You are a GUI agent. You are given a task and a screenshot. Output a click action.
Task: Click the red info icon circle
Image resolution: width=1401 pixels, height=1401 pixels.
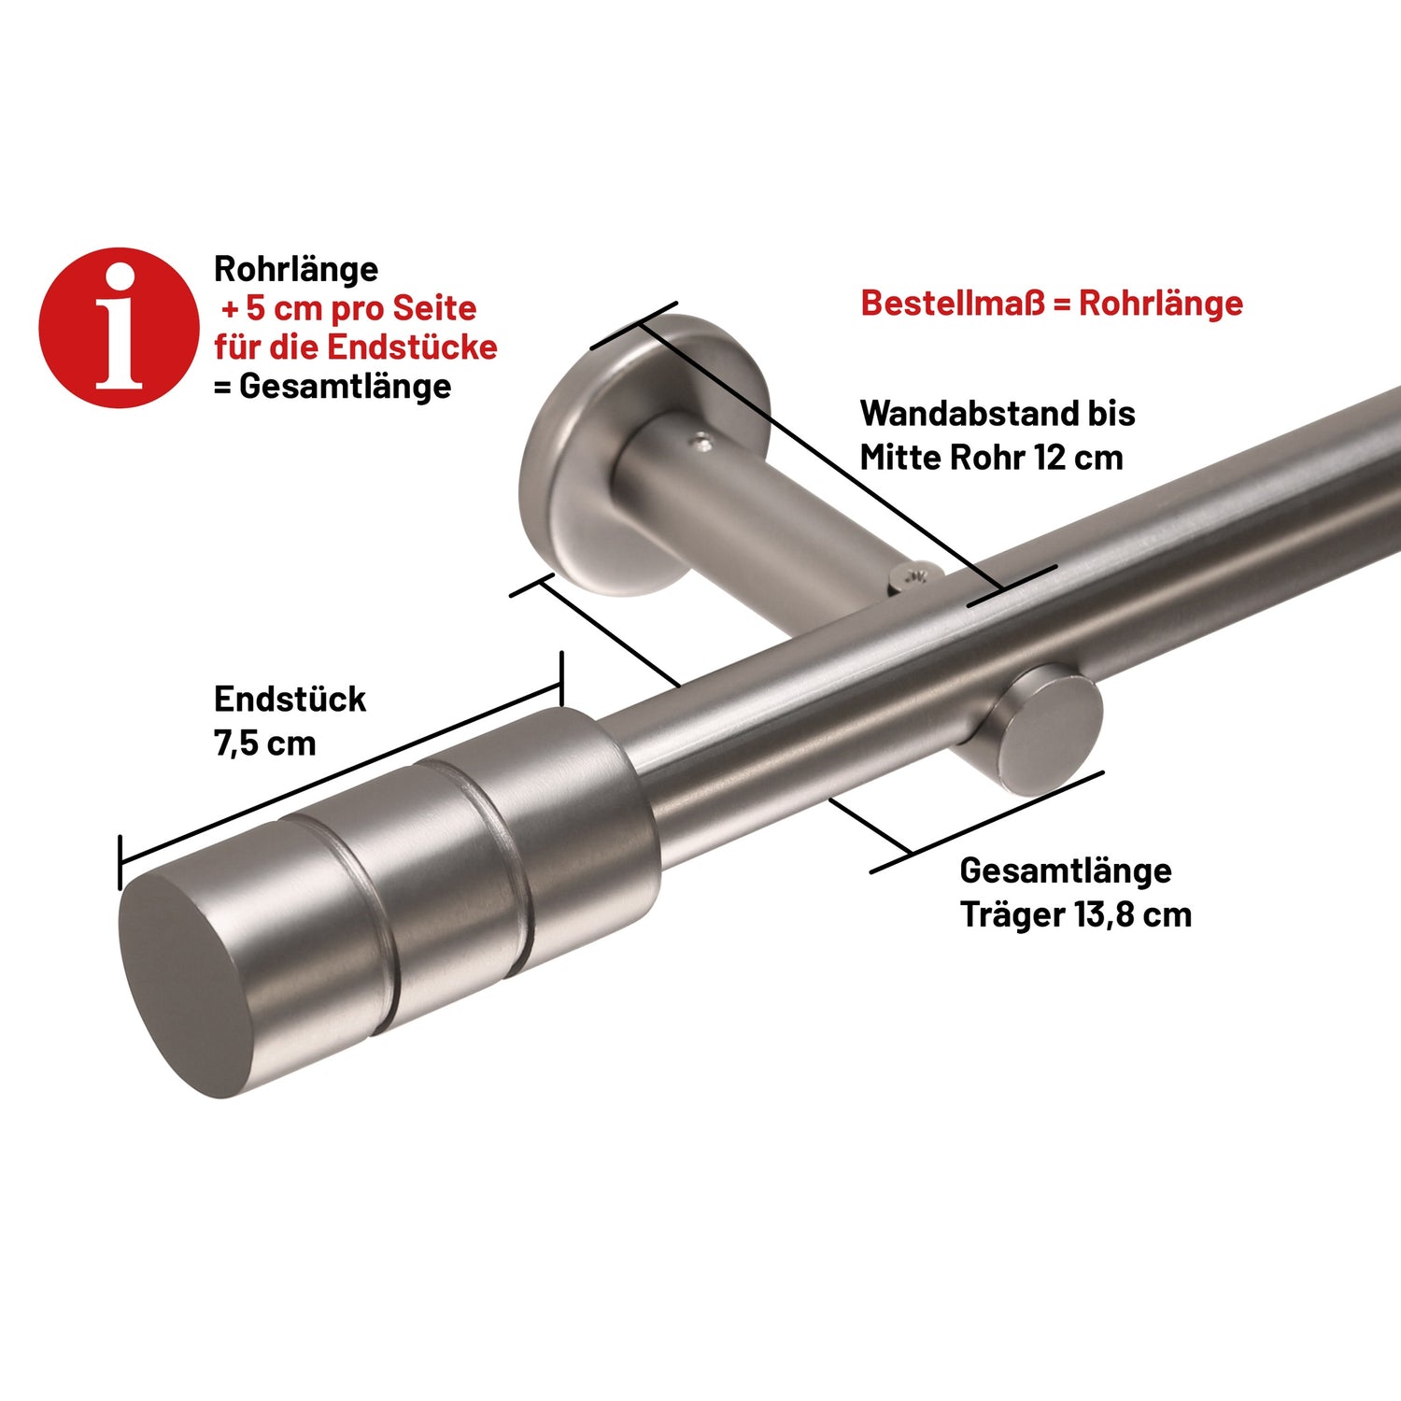coord(119,328)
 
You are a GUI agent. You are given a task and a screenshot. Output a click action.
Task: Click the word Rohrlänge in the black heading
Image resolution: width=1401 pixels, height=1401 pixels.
coord(296,269)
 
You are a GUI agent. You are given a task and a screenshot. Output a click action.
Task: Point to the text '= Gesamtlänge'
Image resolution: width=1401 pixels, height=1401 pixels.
coord(333,387)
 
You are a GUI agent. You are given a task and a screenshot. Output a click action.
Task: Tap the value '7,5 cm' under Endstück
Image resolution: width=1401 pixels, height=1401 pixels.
coord(265,743)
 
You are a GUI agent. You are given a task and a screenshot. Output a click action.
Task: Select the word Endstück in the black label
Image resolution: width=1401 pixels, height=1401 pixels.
coord(290,700)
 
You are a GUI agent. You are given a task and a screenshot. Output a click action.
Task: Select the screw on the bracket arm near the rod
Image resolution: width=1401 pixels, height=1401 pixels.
coord(911,576)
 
